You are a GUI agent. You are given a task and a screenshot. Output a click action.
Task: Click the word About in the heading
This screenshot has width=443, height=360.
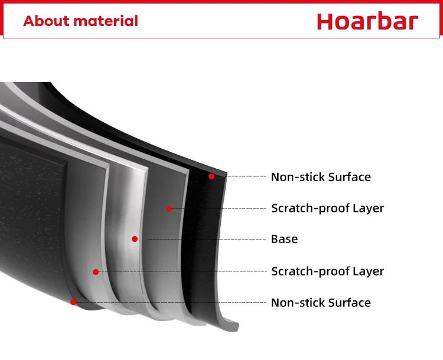pyautogui.click(x=46, y=21)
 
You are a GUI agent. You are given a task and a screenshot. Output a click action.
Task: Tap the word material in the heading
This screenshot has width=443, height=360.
pyautogui.click(x=106, y=21)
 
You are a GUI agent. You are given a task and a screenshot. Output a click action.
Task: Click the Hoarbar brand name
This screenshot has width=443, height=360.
pyautogui.click(x=367, y=21)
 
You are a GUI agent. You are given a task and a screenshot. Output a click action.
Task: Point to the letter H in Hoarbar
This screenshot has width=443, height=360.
pyautogui.click(x=324, y=21)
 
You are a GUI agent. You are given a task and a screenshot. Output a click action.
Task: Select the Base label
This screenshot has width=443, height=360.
pyautogui.click(x=284, y=239)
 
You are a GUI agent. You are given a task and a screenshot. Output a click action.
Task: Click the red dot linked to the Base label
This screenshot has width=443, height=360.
pyautogui.click(x=135, y=239)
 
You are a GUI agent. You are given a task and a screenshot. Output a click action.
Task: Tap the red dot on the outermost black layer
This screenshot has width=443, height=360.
pyautogui.click(x=211, y=176)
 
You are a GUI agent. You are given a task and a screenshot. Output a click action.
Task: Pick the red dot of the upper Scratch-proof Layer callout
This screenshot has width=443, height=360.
pyautogui.click(x=169, y=209)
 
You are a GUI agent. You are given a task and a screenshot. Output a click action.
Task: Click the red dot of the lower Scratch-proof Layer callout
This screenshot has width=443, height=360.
pyautogui.click(x=96, y=272)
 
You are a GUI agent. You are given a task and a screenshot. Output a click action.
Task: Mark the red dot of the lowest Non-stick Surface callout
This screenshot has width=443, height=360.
pyautogui.click(x=73, y=302)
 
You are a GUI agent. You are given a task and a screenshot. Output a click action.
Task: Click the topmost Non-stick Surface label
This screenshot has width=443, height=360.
pyautogui.click(x=321, y=177)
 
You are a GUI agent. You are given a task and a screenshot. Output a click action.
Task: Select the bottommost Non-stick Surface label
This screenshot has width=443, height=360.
pyautogui.click(x=321, y=303)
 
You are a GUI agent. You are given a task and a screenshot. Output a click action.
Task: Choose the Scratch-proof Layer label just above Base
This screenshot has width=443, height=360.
pyautogui.click(x=327, y=208)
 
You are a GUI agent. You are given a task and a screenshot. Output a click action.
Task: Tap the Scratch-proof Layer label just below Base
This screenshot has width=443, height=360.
pyautogui.click(x=327, y=271)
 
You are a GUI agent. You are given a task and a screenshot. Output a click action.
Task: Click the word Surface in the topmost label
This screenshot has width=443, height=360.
pyautogui.click(x=350, y=177)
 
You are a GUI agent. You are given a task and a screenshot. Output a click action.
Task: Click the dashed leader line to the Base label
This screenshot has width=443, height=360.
pyautogui.click(x=207, y=239)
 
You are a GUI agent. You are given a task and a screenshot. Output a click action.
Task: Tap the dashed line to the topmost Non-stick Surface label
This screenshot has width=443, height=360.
pyautogui.click(x=246, y=176)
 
